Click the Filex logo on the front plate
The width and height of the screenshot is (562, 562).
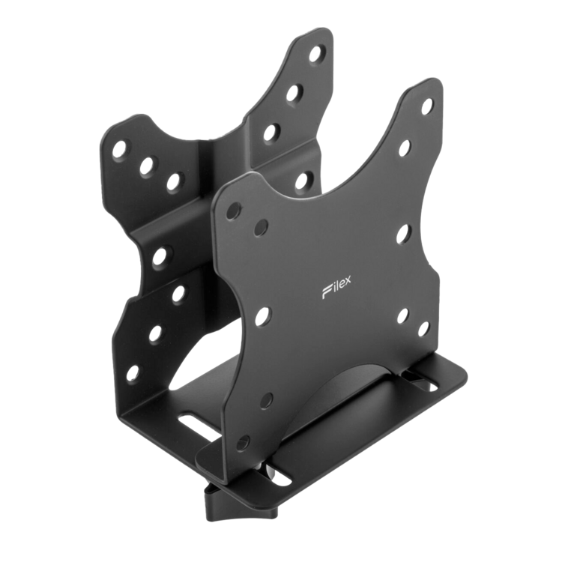(336, 288)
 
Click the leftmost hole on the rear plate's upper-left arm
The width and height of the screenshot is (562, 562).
(119, 149)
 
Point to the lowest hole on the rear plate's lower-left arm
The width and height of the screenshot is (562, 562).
(133, 372)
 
